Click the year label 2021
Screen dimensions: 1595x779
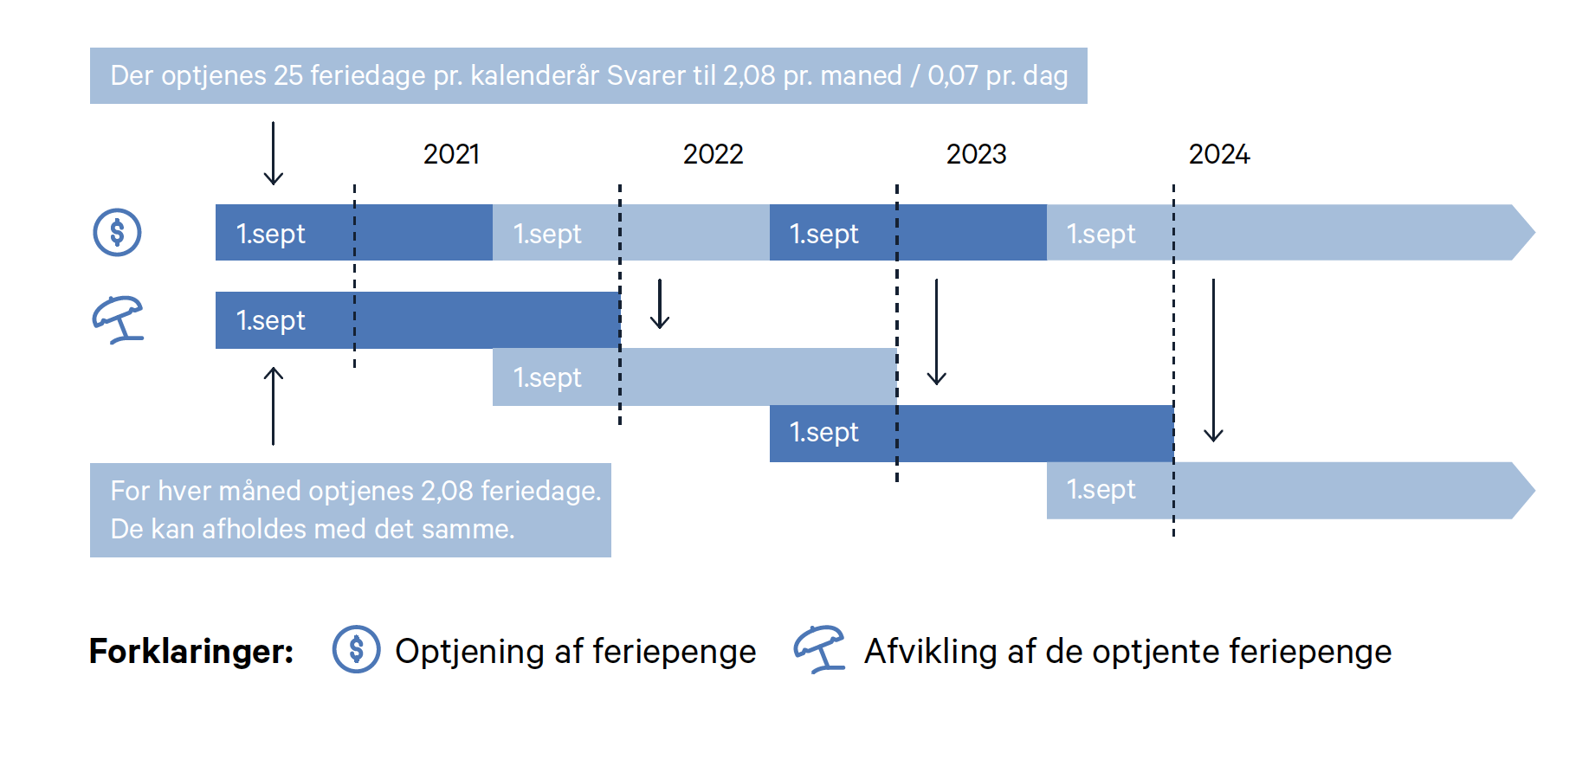point(451,154)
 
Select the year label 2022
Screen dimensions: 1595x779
point(713,154)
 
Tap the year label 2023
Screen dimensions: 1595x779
point(976,154)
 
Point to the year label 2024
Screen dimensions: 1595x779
point(1219,154)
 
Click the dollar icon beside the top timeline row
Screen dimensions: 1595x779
point(117,233)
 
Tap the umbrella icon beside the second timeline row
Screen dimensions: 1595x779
point(119,319)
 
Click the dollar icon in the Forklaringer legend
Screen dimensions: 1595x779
point(356,649)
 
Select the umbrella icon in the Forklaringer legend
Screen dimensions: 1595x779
point(819,649)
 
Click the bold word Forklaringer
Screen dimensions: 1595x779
point(191,651)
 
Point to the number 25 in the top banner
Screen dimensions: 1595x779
point(288,75)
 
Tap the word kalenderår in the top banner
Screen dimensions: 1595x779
point(534,75)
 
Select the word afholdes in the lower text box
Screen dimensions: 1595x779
point(252,528)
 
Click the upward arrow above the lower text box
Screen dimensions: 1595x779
point(274,406)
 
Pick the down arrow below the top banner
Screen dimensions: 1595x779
point(274,153)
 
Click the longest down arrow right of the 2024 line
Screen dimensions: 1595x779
point(1213,360)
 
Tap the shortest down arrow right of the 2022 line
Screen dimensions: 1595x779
point(660,304)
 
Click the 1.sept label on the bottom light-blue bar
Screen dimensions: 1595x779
point(1101,489)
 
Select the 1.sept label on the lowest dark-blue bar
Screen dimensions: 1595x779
point(823,432)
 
